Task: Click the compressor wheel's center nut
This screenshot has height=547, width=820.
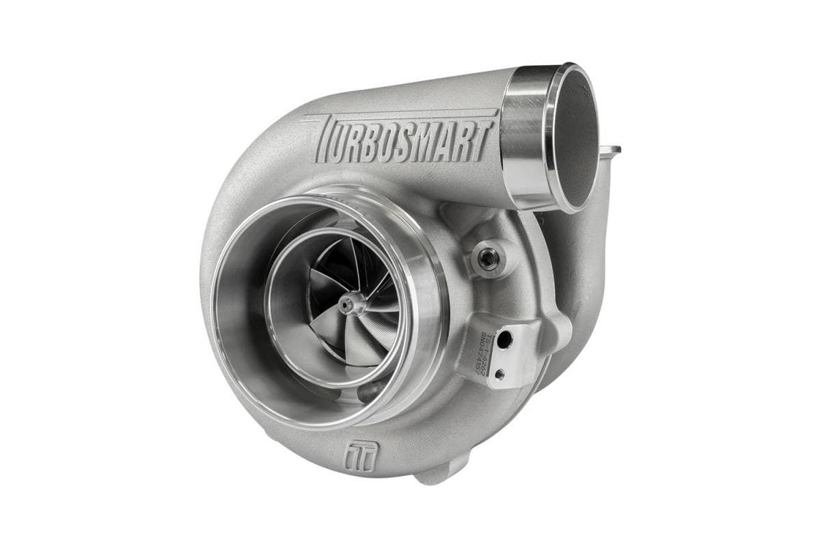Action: [351, 304]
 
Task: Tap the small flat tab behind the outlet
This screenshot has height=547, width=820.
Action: [610, 149]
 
